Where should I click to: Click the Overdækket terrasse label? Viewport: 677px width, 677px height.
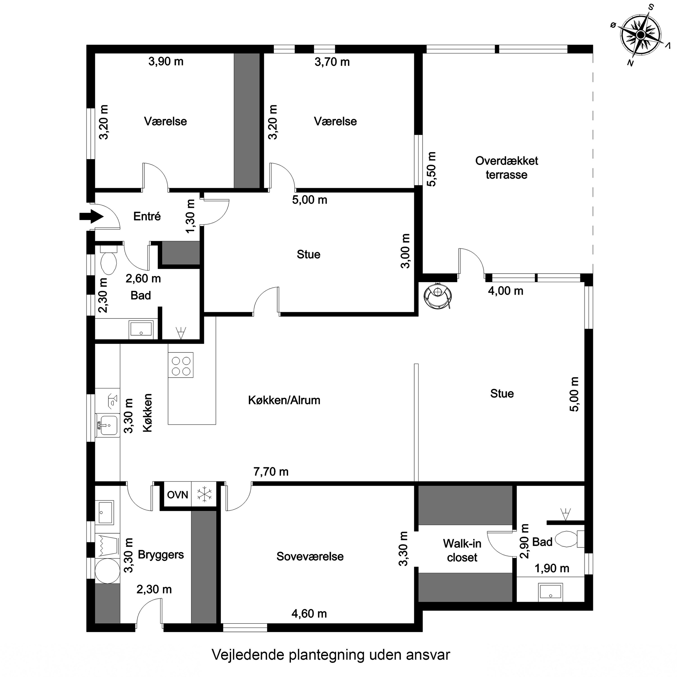pyautogui.click(x=506, y=167)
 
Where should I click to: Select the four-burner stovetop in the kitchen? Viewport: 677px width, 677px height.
pyautogui.click(x=181, y=365)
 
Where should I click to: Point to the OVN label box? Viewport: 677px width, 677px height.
pyautogui.click(x=178, y=495)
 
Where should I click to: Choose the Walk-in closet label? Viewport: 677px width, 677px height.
pyautogui.click(x=462, y=550)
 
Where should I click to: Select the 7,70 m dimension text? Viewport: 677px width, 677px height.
pyautogui.click(x=271, y=472)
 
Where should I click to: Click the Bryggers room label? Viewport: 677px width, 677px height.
pyautogui.click(x=161, y=555)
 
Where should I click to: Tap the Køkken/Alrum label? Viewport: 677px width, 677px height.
pyautogui.click(x=284, y=400)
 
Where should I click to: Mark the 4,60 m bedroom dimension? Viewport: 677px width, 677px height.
pyautogui.click(x=309, y=614)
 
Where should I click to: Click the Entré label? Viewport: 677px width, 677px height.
pyautogui.click(x=147, y=216)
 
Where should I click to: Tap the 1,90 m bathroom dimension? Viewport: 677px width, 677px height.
pyautogui.click(x=552, y=568)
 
